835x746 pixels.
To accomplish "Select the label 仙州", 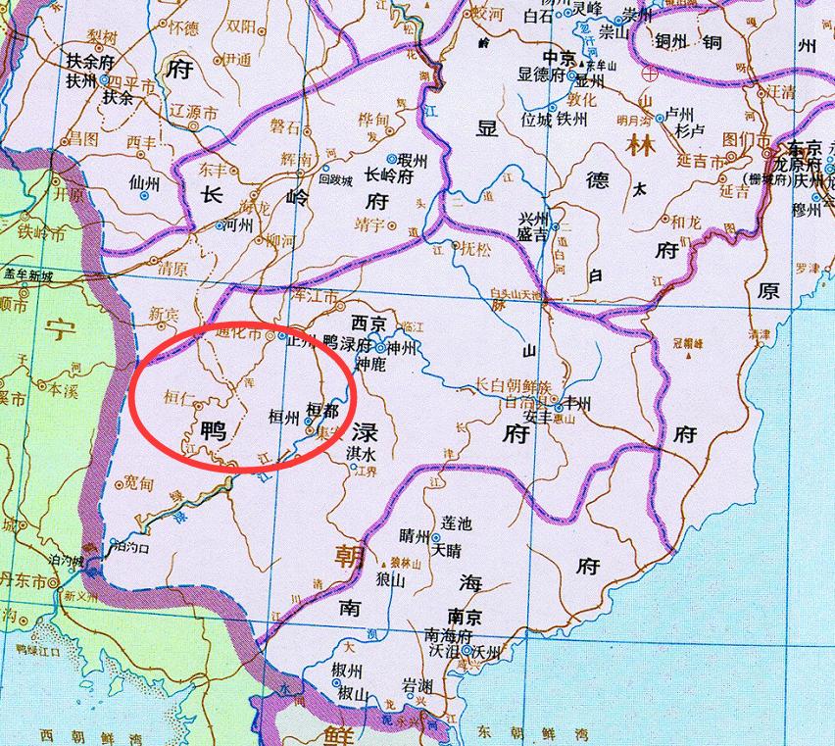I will [144, 182].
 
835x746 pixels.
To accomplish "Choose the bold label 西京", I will [368, 323].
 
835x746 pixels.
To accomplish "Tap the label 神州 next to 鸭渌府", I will [403, 347].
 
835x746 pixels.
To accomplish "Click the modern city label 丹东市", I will [26, 580].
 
